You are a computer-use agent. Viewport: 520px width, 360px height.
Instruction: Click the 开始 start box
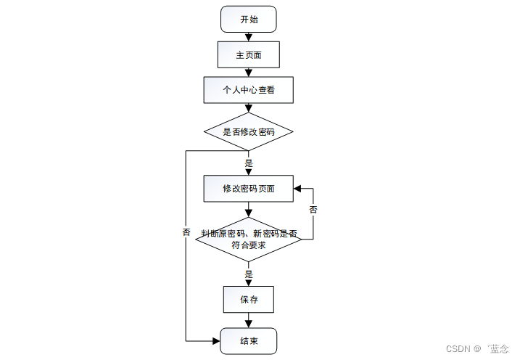tap(248, 19)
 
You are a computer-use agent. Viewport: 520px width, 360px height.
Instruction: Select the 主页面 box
tap(248, 54)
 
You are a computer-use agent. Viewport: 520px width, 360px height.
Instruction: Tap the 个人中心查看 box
tap(248, 91)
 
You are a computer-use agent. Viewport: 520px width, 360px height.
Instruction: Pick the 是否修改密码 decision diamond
tap(248, 132)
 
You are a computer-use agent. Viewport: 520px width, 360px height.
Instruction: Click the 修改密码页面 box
tap(248, 189)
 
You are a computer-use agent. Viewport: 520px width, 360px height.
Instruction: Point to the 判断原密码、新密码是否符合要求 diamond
tap(248, 239)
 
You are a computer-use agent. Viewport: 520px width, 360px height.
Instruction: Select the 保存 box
tap(248, 298)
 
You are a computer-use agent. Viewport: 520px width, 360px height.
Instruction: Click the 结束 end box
tap(248, 340)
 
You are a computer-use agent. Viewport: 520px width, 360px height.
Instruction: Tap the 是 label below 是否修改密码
tap(249, 163)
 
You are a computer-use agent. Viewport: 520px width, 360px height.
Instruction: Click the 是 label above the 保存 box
tap(249, 274)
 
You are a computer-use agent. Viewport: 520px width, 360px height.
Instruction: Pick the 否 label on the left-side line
tap(186, 232)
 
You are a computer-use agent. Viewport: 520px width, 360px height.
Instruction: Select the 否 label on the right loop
tap(313, 210)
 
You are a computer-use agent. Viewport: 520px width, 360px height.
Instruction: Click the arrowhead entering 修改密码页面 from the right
tap(297, 189)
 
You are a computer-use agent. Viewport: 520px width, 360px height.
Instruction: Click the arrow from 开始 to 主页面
tap(248, 36)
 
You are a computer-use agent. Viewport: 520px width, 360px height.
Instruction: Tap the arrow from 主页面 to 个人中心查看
tap(248, 72)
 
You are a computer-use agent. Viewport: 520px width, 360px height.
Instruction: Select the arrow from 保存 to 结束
tap(248, 320)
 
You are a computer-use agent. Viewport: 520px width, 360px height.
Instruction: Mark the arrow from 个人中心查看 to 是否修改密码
tap(248, 109)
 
